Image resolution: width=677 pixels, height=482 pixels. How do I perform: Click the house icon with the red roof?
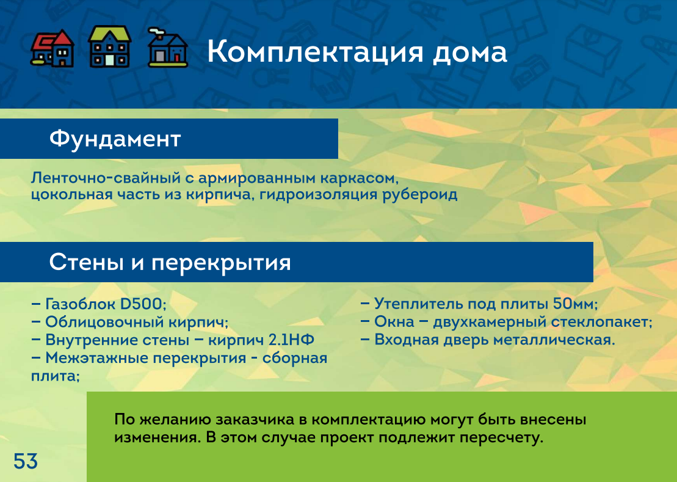[52, 48]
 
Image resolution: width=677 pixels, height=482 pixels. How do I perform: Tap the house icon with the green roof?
[110, 46]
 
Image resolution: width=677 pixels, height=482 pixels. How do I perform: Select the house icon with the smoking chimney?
[167, 48]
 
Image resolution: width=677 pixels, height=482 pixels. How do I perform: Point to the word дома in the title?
[470, 53]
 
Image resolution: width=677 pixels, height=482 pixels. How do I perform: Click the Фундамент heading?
[115, 139]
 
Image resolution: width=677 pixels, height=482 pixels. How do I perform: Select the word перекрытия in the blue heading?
[221, 263]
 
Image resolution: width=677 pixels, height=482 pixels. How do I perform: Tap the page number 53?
[26, 461]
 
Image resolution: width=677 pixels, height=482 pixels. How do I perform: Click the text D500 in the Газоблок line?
[142, 304]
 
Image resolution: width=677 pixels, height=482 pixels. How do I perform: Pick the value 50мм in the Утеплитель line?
[575, 304]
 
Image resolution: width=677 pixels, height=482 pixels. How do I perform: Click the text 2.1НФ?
[291, 340]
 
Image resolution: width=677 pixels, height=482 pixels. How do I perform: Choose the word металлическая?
[554, 340]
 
